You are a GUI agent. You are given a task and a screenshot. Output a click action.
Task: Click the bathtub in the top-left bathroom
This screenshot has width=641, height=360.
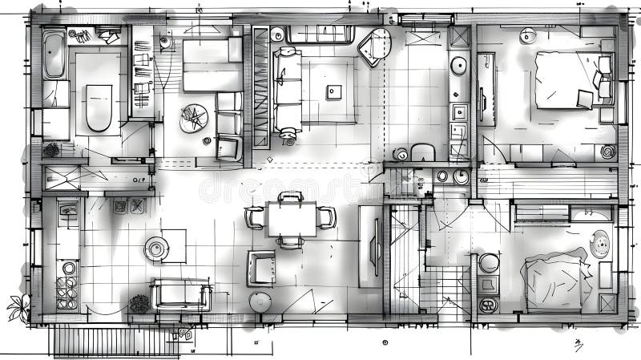(54, 55)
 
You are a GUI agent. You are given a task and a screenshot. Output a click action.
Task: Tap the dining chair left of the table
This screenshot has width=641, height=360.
(255, 217)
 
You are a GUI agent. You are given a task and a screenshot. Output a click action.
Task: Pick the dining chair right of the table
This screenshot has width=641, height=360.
(327, 216)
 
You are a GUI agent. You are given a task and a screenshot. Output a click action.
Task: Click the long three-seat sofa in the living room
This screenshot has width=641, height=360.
(286, 90)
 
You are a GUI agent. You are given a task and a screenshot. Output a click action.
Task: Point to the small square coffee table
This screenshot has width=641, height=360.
(333, 91)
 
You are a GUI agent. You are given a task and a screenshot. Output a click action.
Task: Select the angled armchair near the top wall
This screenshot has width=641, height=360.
(374, 47)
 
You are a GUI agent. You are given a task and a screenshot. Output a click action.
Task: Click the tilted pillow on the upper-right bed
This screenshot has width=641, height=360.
(585, 99)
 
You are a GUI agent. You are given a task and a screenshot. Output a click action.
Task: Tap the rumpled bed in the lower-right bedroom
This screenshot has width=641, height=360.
(554, 282)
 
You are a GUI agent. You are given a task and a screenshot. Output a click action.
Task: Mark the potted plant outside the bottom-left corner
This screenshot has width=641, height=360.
(18, 307)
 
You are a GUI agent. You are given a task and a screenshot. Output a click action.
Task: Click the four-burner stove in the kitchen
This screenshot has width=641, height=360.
(67, 285)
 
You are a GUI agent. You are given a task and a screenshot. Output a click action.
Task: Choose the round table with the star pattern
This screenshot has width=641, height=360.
(193, 119)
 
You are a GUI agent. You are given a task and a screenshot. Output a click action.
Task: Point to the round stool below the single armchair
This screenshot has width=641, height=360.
(260, 301)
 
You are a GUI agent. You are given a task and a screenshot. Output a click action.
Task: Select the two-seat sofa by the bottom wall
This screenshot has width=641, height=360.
(181, 295)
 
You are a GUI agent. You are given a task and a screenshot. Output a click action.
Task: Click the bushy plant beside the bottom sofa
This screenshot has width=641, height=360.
(140, 303)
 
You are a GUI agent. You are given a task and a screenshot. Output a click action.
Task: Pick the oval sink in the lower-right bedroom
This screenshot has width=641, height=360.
(599, 243)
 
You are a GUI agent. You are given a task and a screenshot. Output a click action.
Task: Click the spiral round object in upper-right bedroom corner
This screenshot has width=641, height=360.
(607, 151)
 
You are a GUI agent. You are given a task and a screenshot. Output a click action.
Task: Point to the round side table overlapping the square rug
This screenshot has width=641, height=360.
(157, 249)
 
